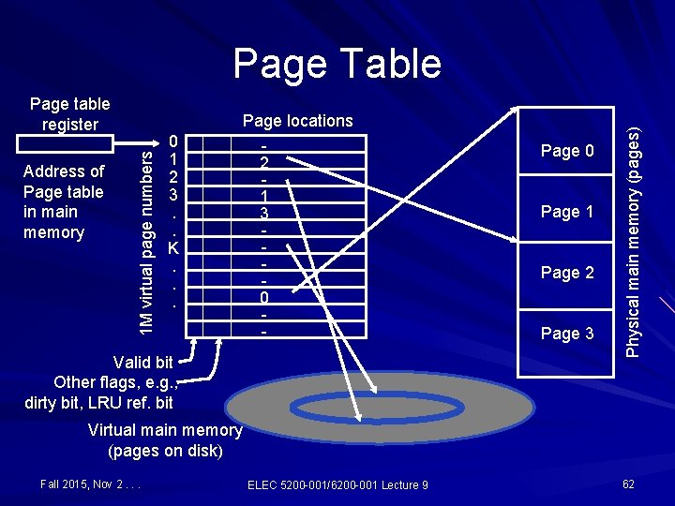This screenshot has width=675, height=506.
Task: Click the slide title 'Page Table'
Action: pyautogui.click(x=337, y=64)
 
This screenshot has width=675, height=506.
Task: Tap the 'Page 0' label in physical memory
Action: pyautogui.click(x=567, y=151)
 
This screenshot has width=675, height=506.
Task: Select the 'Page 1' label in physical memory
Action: pyautogui.click(x=567, y=212)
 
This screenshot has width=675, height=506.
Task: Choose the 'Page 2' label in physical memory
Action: pyautogui.click(x=567, y=273)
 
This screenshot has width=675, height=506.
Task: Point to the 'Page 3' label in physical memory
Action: pyautogui.click(x=567, y=334)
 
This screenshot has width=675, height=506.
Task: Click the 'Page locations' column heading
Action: pyautogui.click(x=298, y=121)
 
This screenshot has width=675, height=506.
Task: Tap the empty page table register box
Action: pyautogui.click(x=65, y=141)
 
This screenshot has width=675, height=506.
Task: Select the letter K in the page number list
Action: pyautogui.click(x=172, y=248)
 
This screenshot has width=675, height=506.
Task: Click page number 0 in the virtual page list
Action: pyautogui.click(x=173, y=141)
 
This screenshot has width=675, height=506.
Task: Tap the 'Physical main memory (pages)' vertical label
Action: pyautogui.click(x=634, y=242)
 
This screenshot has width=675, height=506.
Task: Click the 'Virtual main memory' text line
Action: pyautogui.click(x=165, y=430)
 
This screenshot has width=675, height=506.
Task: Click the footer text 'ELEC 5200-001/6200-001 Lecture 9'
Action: pyautogui.click(x=337, y=484)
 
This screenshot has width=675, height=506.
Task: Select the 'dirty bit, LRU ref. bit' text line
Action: pyautogui.click(x=100, y=403)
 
